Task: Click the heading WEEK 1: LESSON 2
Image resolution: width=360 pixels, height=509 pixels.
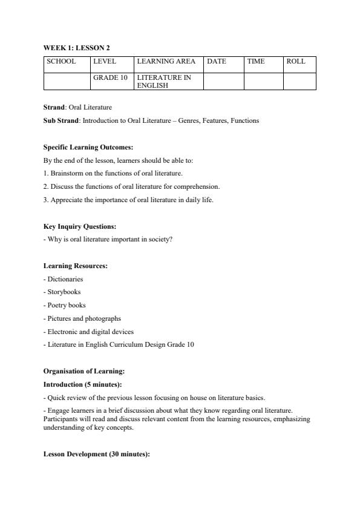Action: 76,47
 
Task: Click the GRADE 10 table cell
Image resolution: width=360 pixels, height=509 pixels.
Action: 110,78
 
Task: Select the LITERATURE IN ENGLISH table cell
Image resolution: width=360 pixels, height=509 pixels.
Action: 164,82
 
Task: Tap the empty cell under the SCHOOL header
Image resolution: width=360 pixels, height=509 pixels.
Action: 67,81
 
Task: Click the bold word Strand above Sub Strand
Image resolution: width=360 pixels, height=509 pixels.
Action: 54,107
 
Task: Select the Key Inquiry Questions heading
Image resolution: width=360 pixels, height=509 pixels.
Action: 80,226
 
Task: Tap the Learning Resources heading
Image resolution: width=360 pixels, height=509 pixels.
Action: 76,266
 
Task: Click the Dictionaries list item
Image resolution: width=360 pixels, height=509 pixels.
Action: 64,279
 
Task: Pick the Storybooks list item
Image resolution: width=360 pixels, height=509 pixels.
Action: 63,292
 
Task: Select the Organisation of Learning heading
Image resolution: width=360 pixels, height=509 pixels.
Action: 84,371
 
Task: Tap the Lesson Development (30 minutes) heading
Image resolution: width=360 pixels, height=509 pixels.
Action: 96,455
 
